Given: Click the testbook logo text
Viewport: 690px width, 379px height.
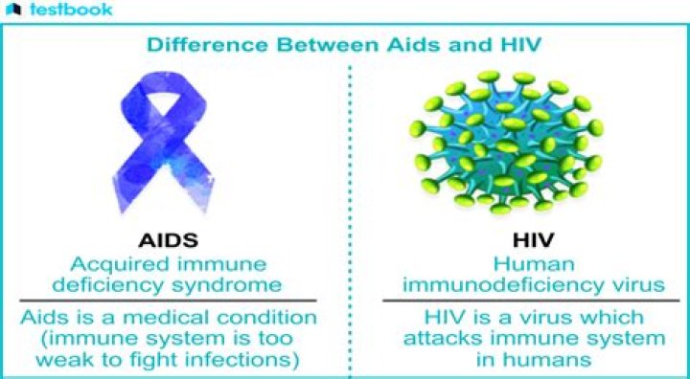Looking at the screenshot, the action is tap(70, 10).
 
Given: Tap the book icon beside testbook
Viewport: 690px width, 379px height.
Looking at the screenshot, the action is tap(13, 10).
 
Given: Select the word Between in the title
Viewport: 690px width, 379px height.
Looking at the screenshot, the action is tap(327, 45).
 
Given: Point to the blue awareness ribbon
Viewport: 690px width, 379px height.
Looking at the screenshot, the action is tap(162, 142).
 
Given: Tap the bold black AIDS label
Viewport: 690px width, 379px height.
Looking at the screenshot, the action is tap(168, 240).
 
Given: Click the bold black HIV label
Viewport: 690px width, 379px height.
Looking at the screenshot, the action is tap(534, 240).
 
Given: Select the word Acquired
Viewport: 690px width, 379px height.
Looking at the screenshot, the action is tap(119, 264).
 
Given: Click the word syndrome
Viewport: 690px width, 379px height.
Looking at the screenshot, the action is tap(226, 286).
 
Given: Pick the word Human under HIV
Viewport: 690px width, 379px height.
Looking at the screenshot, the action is tap(534, 264).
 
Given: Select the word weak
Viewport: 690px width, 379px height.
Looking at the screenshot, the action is tap(66, 360).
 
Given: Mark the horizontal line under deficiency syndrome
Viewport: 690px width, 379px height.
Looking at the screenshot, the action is tap(168, 301).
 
